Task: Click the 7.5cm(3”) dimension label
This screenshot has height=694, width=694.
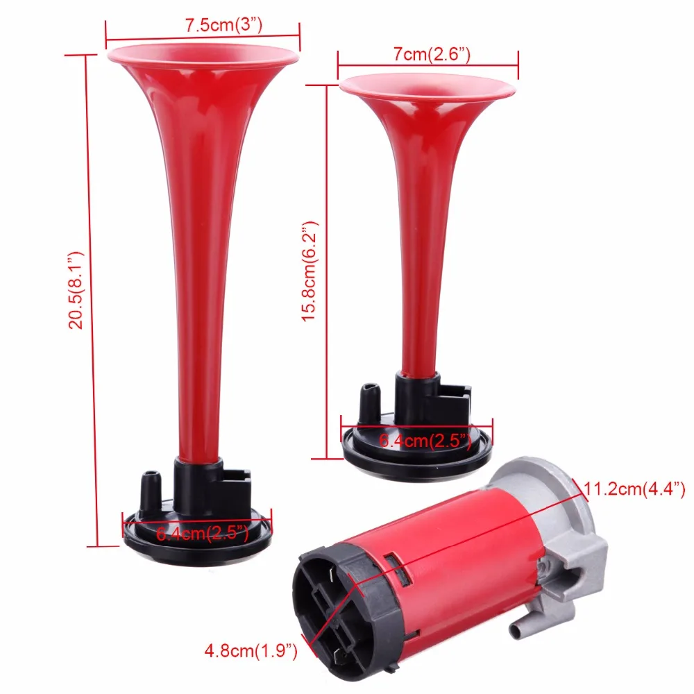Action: pyautogui.click(x=223, y=25)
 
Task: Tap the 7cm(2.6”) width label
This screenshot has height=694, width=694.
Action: pyautogui.click(x=432, y=54)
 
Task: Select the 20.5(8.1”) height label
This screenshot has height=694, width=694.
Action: pyautogui.click(x=76, y=290)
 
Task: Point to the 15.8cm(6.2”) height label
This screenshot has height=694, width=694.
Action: pyautogui.click(x=310, y=271)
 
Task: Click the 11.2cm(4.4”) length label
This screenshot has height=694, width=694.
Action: pyautogui.click(x=634, y=489)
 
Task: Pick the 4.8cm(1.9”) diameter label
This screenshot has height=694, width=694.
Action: pyautogui.click(x=251, y=651)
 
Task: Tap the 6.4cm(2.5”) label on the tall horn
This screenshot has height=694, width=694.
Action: pyautogui.click(x=203, y=533)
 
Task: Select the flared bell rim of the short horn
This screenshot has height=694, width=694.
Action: pyautogui.click(x=428, y=86)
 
